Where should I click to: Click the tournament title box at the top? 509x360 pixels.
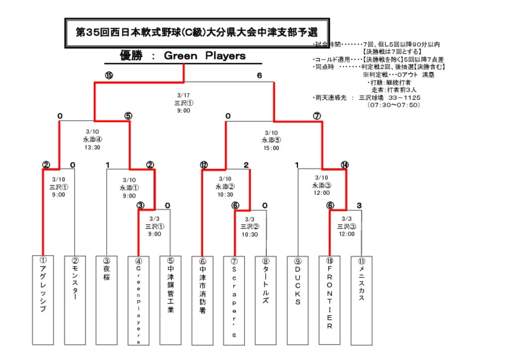point(197,33)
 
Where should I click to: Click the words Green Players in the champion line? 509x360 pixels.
point(204,56)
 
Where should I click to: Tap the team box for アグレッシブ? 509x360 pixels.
point(43,300)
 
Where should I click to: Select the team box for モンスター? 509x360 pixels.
point(75,300)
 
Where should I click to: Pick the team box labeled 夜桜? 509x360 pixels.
point(106,300)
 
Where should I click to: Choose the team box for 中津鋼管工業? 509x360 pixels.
point(170,300)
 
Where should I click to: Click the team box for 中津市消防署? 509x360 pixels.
point(202,300)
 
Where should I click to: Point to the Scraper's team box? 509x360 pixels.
point(234,300)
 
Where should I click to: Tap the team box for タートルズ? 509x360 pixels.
point(266,300)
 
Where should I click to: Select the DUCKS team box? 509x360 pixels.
point(298,300)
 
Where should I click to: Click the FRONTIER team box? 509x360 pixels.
point(330,300)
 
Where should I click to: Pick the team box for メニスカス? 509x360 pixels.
point(361,300)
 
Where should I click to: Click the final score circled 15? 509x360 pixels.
point(109,76)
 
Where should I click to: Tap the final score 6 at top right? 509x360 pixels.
point(259,76)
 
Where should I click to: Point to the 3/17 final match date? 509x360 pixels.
point(183,95)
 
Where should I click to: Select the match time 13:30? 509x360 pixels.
point(92,147)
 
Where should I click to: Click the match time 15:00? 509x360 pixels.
point(271,148)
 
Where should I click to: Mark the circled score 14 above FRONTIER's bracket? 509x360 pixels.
point(345,165)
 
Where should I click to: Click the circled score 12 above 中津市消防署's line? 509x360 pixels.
point(204,165)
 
